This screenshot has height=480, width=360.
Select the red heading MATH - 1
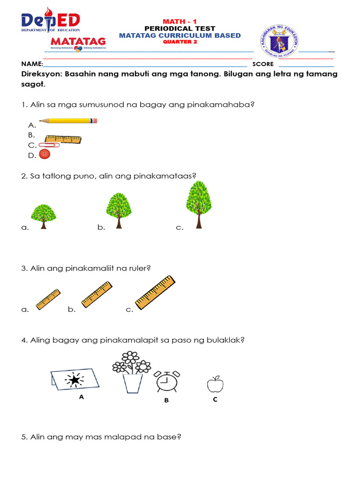pyautogui.click(x=180, y=22)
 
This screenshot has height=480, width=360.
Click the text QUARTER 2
pyautogui.click(x=180, y=42)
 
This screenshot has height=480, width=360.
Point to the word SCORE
pyautogui.click(x=263, y=64)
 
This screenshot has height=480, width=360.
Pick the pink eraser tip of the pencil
pyautogui.click(x=94, y=121)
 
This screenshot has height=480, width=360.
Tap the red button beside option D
pyautogui.click(x=45, y=154)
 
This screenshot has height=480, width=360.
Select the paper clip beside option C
pyautogui.click(x=49, y=145)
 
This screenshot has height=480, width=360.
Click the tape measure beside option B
pyautogui.click(x=63, y=139)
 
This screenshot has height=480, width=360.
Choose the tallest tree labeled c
pyautogui.click(x=199, y=204)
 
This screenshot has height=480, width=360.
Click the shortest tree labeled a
pyautogui.click(x=44, y=216)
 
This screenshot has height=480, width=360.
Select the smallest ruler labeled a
pyautogui.click(x=48, y=300)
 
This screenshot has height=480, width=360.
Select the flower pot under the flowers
pyautogui.click(x=133, y=383)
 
